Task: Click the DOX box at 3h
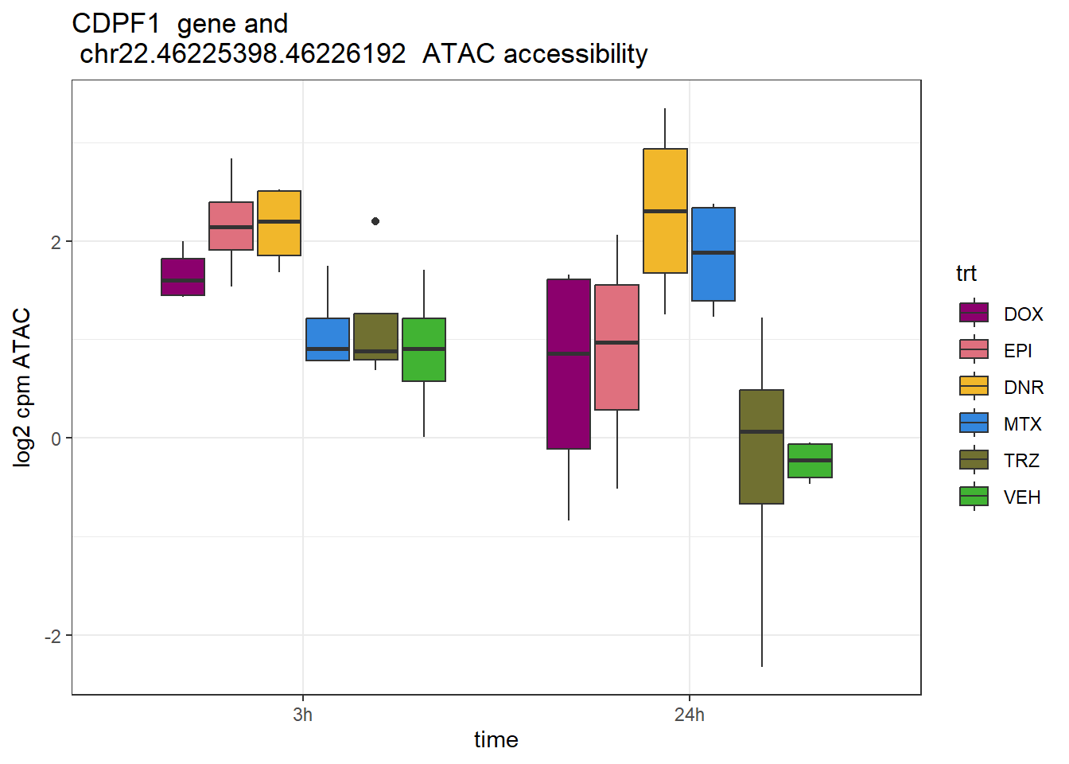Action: [x=183, y=277]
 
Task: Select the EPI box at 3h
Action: [x=231, y=226]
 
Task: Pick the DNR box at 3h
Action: [x=279, y=223]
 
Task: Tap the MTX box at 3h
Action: [x=328, y=339]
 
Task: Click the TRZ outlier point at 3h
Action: [x=375, y=221]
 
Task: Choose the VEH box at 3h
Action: [x=424, y=349]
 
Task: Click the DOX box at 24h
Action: [x=569, y=364]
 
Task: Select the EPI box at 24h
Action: [x=617, y=347]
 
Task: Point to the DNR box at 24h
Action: [x=665, y=211]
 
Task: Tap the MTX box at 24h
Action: [x=713, y=254]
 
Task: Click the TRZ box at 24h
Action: [x=762, y=446]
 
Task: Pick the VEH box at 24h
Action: [x=810, y=461]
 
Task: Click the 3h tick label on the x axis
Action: [x=302, y=715]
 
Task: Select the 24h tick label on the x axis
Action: [x=690, y=715]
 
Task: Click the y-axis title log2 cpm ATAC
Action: [x=22, y=387]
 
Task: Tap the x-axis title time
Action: [x=496, y=740]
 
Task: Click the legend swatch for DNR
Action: [x=974, y=386]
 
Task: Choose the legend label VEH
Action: [x=1022, y=497]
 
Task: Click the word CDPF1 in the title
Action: [x=115, y=24]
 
